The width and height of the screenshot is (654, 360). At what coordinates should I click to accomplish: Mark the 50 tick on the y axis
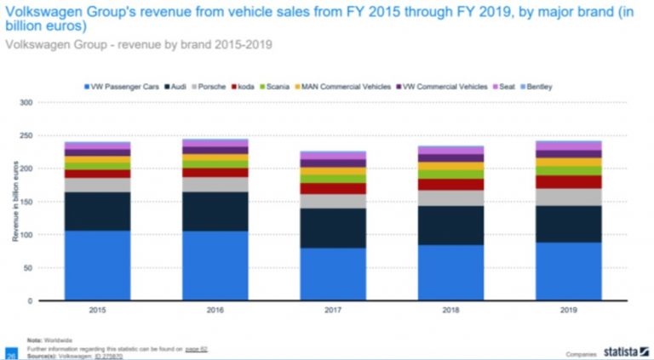click(x=27, y=268)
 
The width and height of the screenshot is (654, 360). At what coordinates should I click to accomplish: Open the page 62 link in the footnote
click(x=197, y=348)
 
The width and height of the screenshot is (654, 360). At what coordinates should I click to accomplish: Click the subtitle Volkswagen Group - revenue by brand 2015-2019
click(x=140, y=43)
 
